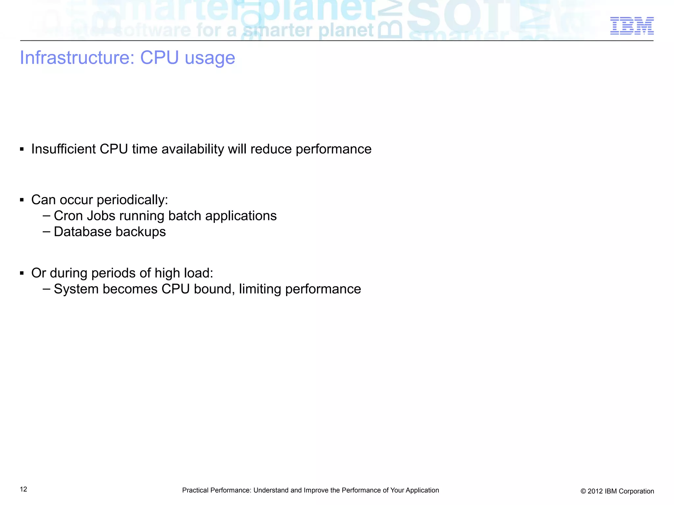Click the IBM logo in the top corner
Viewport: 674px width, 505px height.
[632, 26]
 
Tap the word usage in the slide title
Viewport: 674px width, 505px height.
[210, 59]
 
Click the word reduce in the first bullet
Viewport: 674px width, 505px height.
[271, 149]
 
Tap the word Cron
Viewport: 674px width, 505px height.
[68, 216]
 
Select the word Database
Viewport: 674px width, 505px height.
[83, 232]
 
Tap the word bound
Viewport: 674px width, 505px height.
[214, 289]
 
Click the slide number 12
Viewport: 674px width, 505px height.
[23, 489]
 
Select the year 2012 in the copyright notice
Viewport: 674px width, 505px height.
[595, 491]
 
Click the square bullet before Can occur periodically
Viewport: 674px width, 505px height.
[22, 200]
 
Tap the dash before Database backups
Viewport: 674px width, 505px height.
[46, 232]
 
